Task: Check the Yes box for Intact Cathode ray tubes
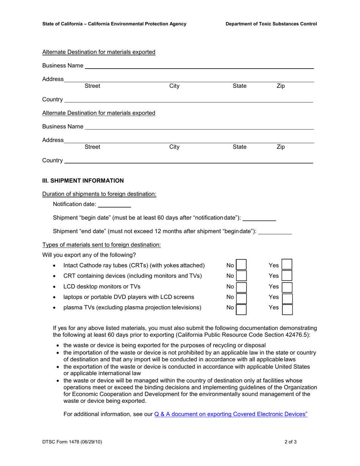[287, 265]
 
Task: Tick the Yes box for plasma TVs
[287, 309]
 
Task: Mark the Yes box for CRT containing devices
[287, 276]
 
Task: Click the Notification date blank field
[114, 205]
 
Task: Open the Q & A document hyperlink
[231, 414]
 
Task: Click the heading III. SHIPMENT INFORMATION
[83, 181]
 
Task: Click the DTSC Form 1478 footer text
[72, 442]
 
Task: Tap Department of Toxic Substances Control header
[271, 24]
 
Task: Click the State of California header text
[114, 24]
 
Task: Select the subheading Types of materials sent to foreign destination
[101, 245]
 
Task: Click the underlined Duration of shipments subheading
[99, 194]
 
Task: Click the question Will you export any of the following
[89, 255]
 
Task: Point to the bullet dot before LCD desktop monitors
[55, 287]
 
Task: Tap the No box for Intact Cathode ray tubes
[241, 265]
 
